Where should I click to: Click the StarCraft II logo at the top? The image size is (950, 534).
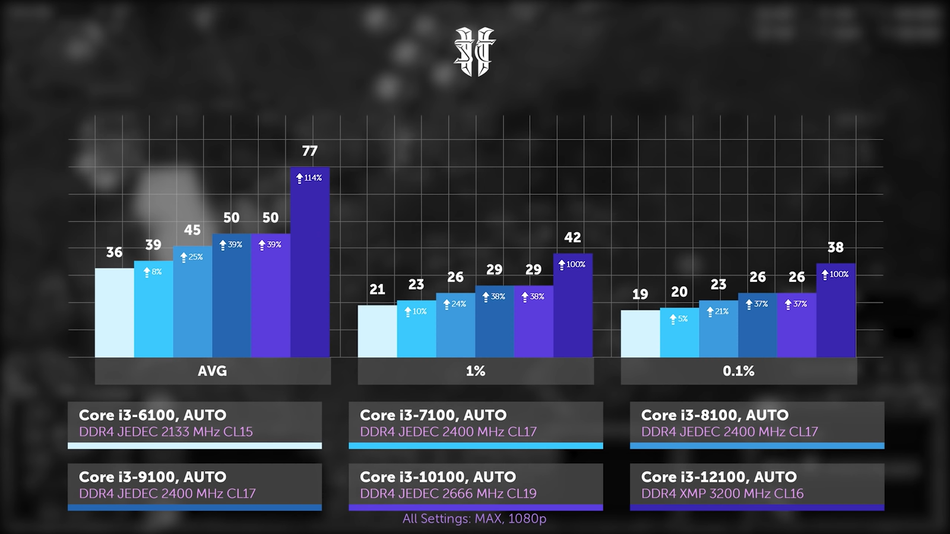click(x=474, y=52)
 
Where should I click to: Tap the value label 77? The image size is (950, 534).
click(x=309, y=151)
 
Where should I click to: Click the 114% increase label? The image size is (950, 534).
click(x=309, y=178)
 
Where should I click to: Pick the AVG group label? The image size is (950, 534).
click(x=213, y=371)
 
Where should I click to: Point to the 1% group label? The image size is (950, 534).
click(x=475, y=371)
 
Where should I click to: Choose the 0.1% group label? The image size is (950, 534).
click(x=738, y=371)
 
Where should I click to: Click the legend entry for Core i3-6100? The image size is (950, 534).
click(x=195, y=424)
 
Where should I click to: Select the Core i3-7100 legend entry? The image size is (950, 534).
click(x=476, y=424)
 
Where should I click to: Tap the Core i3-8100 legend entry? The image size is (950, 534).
click(x=756, y=424)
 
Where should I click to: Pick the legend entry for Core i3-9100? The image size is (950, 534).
click(x=195, y=485)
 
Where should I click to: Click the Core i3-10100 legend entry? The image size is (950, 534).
click(x=476, y=485)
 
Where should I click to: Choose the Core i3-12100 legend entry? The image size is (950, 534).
click(x=756, y=485)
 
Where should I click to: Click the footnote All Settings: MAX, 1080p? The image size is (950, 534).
click(x=474, y=519)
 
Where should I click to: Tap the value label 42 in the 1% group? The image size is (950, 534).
click(x=572, y=238)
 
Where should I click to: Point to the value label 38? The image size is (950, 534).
click(x=835, y=247)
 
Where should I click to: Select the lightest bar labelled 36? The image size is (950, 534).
click(x=115, y=313)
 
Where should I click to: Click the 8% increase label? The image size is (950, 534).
click(x=153, y=272)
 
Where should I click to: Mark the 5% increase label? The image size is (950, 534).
click(x=679, y=319)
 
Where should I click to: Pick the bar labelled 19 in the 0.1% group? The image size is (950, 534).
click(x=640, y=333)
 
